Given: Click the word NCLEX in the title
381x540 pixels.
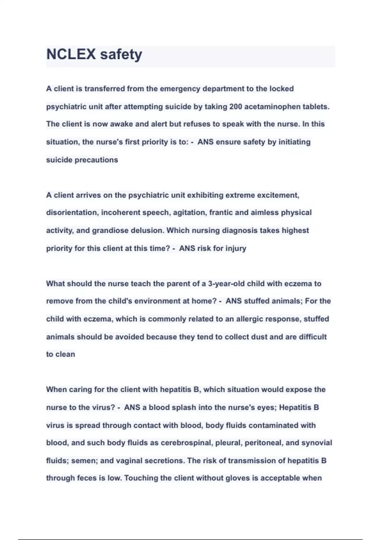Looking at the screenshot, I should click(x=71, y=55).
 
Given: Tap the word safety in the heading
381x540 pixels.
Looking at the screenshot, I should click(x=121, y=55).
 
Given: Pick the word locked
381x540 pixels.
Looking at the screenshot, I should click(x=282, y=89).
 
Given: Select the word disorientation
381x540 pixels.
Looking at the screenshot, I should click(x=73, y=213).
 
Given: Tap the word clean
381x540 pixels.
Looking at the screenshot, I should click(x=65, y=354).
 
